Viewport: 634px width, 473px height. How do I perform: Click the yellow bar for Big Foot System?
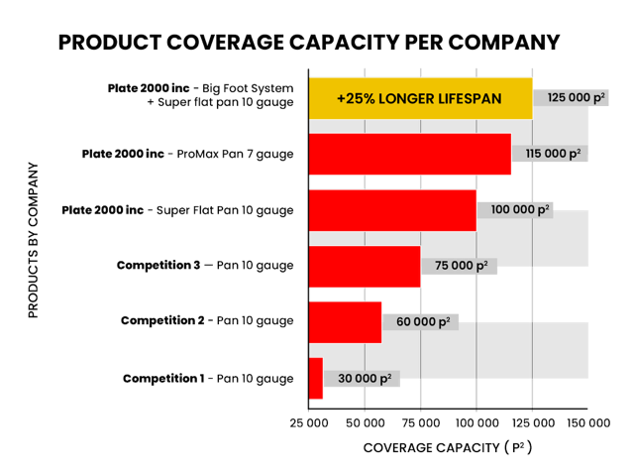(421, 98)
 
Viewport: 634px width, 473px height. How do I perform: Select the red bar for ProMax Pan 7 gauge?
(410, 154)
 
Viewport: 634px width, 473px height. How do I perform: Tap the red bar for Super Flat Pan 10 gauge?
(392, 210)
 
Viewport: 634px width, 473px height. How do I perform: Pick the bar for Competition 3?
(365, 266)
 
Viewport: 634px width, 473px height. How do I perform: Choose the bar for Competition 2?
(346, 321)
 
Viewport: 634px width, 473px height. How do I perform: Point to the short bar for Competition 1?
(316, 378)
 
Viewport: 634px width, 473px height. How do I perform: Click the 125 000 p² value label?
(571, 98)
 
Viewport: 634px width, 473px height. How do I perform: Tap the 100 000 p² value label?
(515, 210)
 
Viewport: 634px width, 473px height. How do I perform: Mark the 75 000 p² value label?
(460, 266)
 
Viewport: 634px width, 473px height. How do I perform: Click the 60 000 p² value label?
(421, 321)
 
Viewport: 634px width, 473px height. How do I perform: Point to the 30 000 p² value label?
(363, 378)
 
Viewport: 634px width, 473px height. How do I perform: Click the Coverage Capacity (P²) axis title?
(448, 448)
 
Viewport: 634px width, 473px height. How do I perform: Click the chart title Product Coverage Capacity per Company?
(310, 43)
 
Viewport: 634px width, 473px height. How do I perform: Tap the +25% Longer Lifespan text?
(420, 98)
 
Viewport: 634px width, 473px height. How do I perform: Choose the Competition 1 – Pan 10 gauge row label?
(208, 379)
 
